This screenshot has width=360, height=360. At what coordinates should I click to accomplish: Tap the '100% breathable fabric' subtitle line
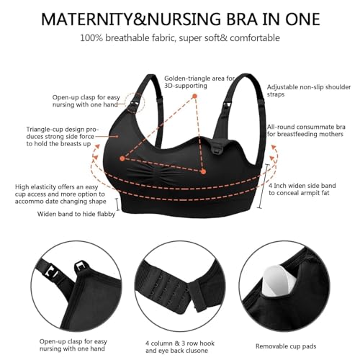180,36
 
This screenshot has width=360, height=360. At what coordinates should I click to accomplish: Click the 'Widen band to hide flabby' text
77,214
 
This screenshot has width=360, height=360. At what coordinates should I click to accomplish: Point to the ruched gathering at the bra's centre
181,175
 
